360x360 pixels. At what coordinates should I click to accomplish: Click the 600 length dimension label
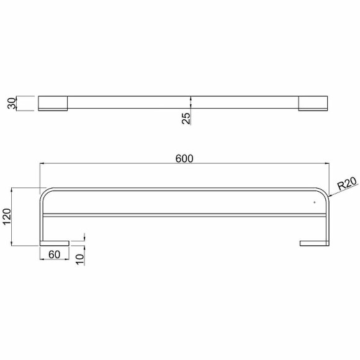click(185, 158)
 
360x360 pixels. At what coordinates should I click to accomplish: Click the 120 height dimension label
click(9, 217)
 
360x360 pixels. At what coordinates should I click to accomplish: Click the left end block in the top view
click(53, 103)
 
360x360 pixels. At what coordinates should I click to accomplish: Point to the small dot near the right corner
click(315, 202)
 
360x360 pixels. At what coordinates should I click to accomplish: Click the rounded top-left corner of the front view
click(44, 193)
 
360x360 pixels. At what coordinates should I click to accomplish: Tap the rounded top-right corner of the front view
click(325, 193)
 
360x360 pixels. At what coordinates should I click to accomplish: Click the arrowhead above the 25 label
click(191, 98)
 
